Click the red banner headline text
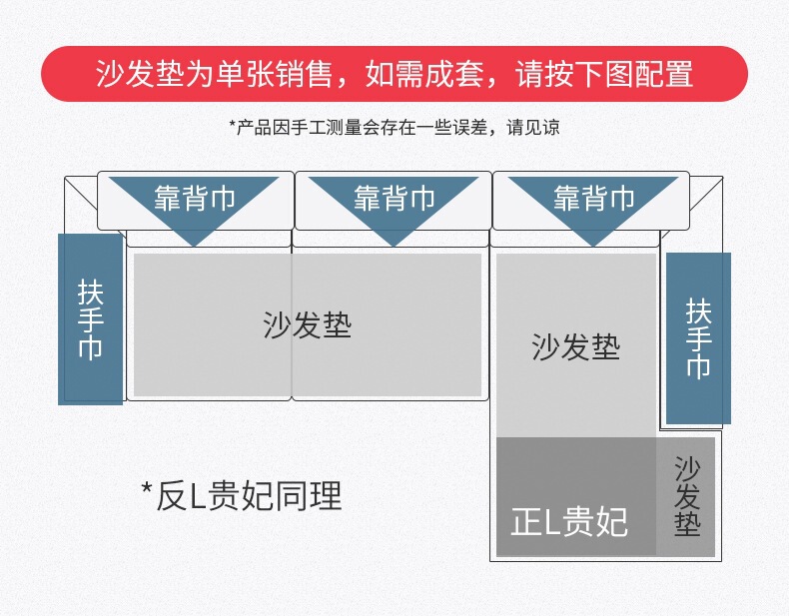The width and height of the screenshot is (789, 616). pyautogui.click(x=394, y=74)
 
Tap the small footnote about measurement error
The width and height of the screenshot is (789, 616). pyautogui.click(x=394, y=128)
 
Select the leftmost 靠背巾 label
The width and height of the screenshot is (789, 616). pyautogui.click(x=195, y=198)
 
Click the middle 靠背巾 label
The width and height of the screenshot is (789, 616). pyautogui.click(x=394, y=198)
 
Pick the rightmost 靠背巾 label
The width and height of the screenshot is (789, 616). pyautogui.click(x=594, y=198)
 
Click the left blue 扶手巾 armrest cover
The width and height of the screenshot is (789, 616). pyautogui.click(x=90, y=318)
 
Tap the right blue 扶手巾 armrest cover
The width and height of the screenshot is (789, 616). pyautogui.click(x=698, y=337)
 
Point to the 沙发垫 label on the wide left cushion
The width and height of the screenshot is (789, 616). pyautogui.click(x=308, y=325)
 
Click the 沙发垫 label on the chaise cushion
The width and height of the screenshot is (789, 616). pyautogui.click(x=575, y=346)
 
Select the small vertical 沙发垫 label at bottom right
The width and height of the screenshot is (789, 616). pyautogui.click(x=687, y=497)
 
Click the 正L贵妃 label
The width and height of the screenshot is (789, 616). pyautogui.click(x=569, y=521)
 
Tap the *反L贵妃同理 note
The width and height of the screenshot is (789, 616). pyautogui.click(x=241, y=495)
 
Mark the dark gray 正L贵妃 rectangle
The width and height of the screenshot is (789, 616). pyautogui.click(x=575, y=496)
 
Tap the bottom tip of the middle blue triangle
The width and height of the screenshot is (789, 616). pyautogui.click(x=394, y=246)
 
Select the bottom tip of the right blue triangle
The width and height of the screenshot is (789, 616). pyautogui.click(x=594, y=246)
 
